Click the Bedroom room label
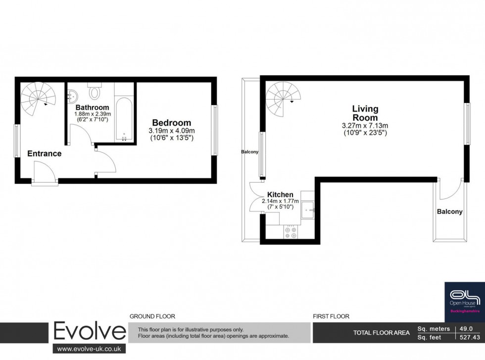pyautogui.click(x=171, y=123)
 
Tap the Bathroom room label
pyautogui.click(x=92, y=107)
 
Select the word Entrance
pyautogui.click(x=45, y=154)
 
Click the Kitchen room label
pyautogui.click(x=280, y=195)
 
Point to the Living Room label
pyautogui.click(x=365, y=113)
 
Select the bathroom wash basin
pyautogui.click(x=72, y=96)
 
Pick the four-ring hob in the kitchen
pyautogui.click(x=291, y=232)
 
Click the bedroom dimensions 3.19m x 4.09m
pyautogui.click(x=171, y=131)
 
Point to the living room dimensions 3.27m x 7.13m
pyautogui.click(x=365, y=126)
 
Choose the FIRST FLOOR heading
pyautogui.click(x=331, y=316)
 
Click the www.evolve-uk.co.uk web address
pyautogui.click(x=90, y=349)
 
